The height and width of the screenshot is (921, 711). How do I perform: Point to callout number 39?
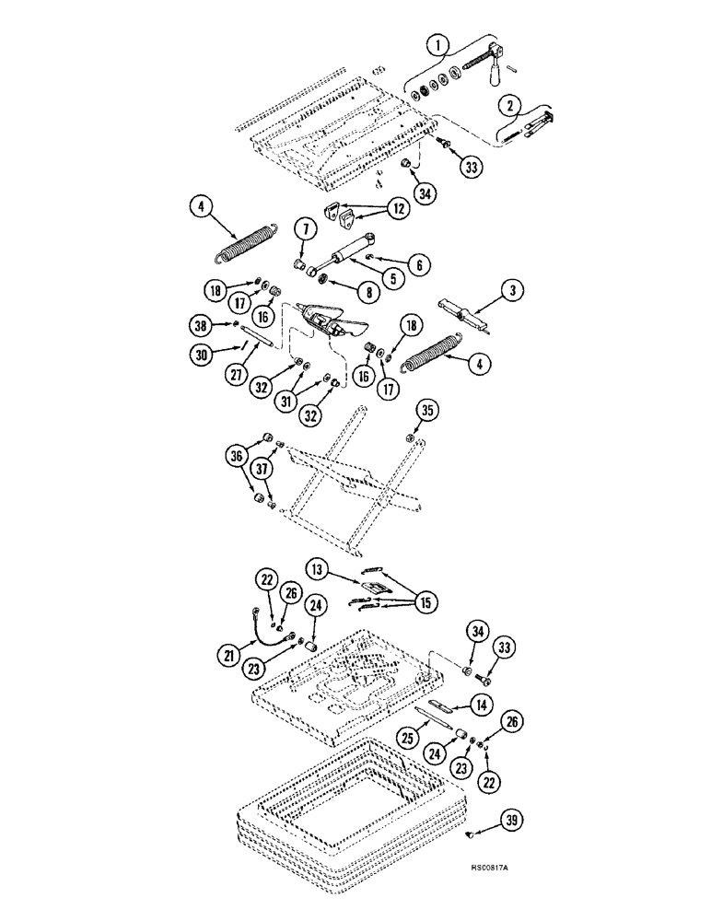click(513, 820)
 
